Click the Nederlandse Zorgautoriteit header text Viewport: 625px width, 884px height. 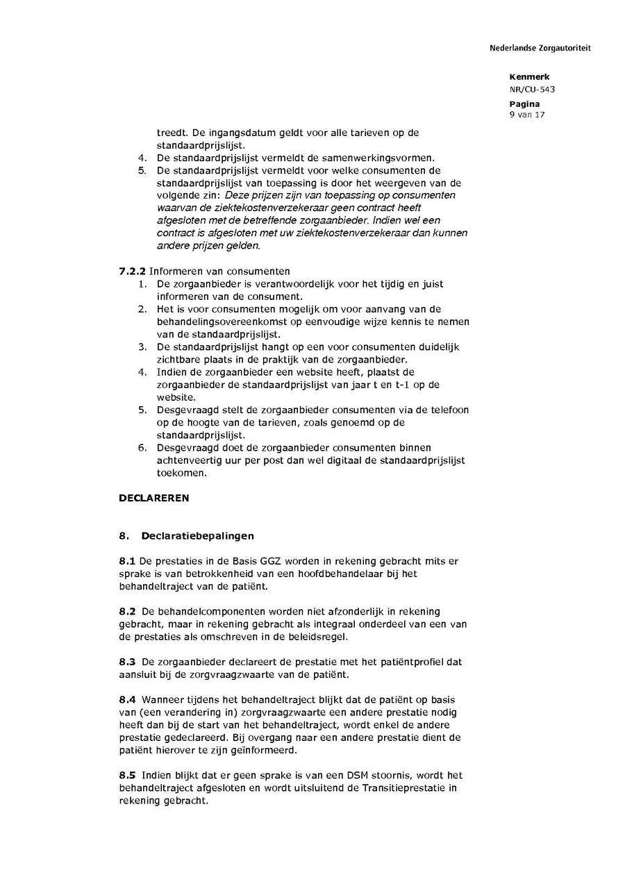tap(540, 49)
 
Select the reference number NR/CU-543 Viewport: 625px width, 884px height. tap(532, 89)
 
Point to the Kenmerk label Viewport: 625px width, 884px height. tap(529, 77)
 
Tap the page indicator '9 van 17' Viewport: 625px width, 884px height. tap(527, 115)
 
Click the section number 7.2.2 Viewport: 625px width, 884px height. tap(132, 271)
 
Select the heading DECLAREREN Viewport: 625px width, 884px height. tap(153, 498)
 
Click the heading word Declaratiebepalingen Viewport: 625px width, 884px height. tap(197, 535)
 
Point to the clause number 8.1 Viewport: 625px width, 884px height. tap(127, 560)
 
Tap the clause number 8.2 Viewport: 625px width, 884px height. tap(127, 611)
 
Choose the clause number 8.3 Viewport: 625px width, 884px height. tap(127, 662)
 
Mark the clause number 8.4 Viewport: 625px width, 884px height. tap(127, 699)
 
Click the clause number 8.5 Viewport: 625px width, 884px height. tap(127, 775)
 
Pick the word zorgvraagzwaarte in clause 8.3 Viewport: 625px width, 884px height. tap(235, 674)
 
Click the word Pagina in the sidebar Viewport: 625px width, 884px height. tap(524, 103)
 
